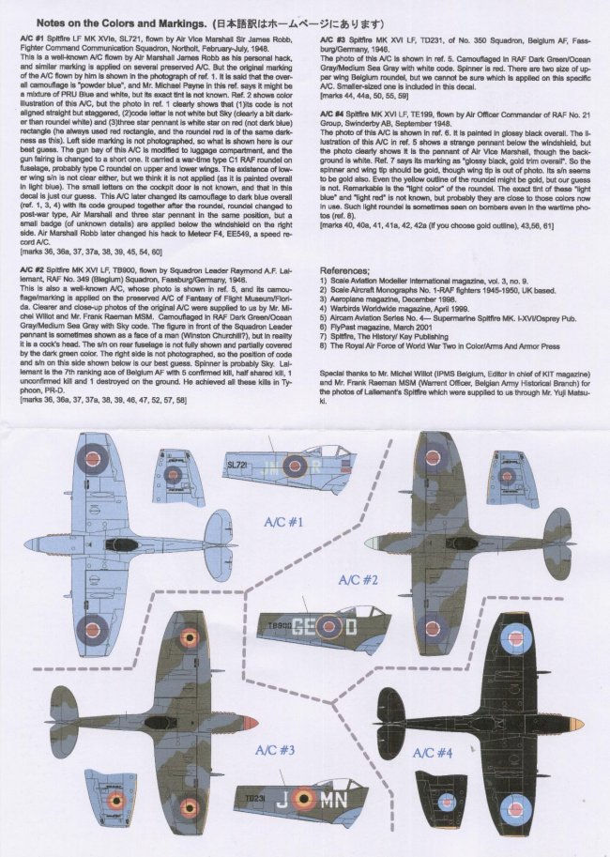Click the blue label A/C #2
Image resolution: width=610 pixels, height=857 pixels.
tap(357, 580)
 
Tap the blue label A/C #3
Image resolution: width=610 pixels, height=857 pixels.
tap(274, 751)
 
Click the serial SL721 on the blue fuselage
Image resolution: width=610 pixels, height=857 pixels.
tap(237, 464)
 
